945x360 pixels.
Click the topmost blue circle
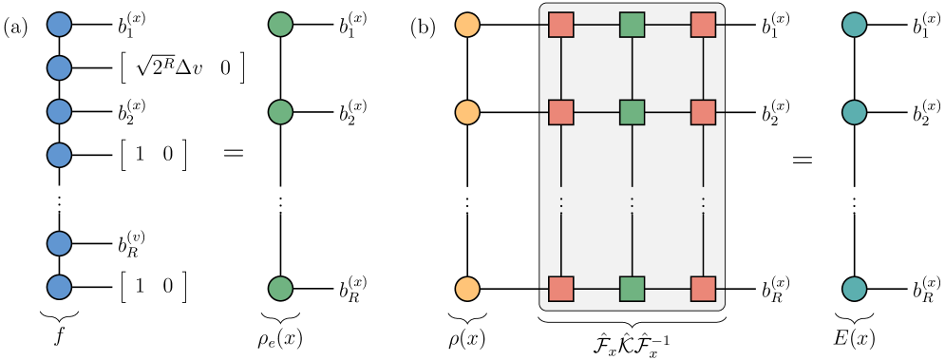point(59,25)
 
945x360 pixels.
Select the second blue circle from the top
point(59,68)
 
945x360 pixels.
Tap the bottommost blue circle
point(59,287)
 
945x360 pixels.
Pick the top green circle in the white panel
point(280,25)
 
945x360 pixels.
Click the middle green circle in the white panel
point(280,112)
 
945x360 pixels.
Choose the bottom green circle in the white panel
point(280,288)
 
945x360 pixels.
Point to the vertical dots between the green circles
point(280,202)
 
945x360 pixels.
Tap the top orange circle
point(467,25)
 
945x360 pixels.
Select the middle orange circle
point(467,112)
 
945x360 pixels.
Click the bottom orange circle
point(467,289)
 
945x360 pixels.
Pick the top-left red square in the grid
point(561,25)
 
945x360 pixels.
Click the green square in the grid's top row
point(633,25)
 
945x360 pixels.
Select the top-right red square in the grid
point(703,25)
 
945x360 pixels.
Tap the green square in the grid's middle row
point(633,112)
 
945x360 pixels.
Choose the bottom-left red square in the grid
point(561,289)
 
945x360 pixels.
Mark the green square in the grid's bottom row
point(633,289)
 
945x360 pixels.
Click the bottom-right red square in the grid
point(703,289)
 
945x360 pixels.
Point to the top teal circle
point(855,25)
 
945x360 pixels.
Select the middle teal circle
point(855,112)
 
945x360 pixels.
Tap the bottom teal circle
point(855,289)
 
